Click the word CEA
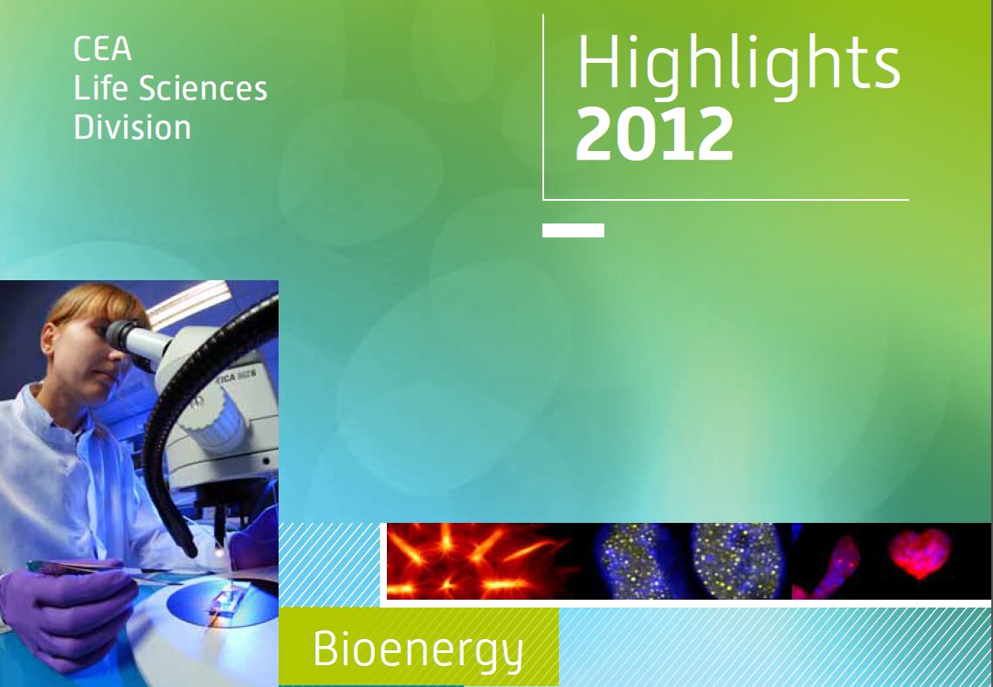click(102, 50)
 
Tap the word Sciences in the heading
click(203, 88)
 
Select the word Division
click(133, 127)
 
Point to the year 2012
click(655, 134)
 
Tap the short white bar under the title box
click(573, 230)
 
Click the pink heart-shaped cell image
click(921, 553)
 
